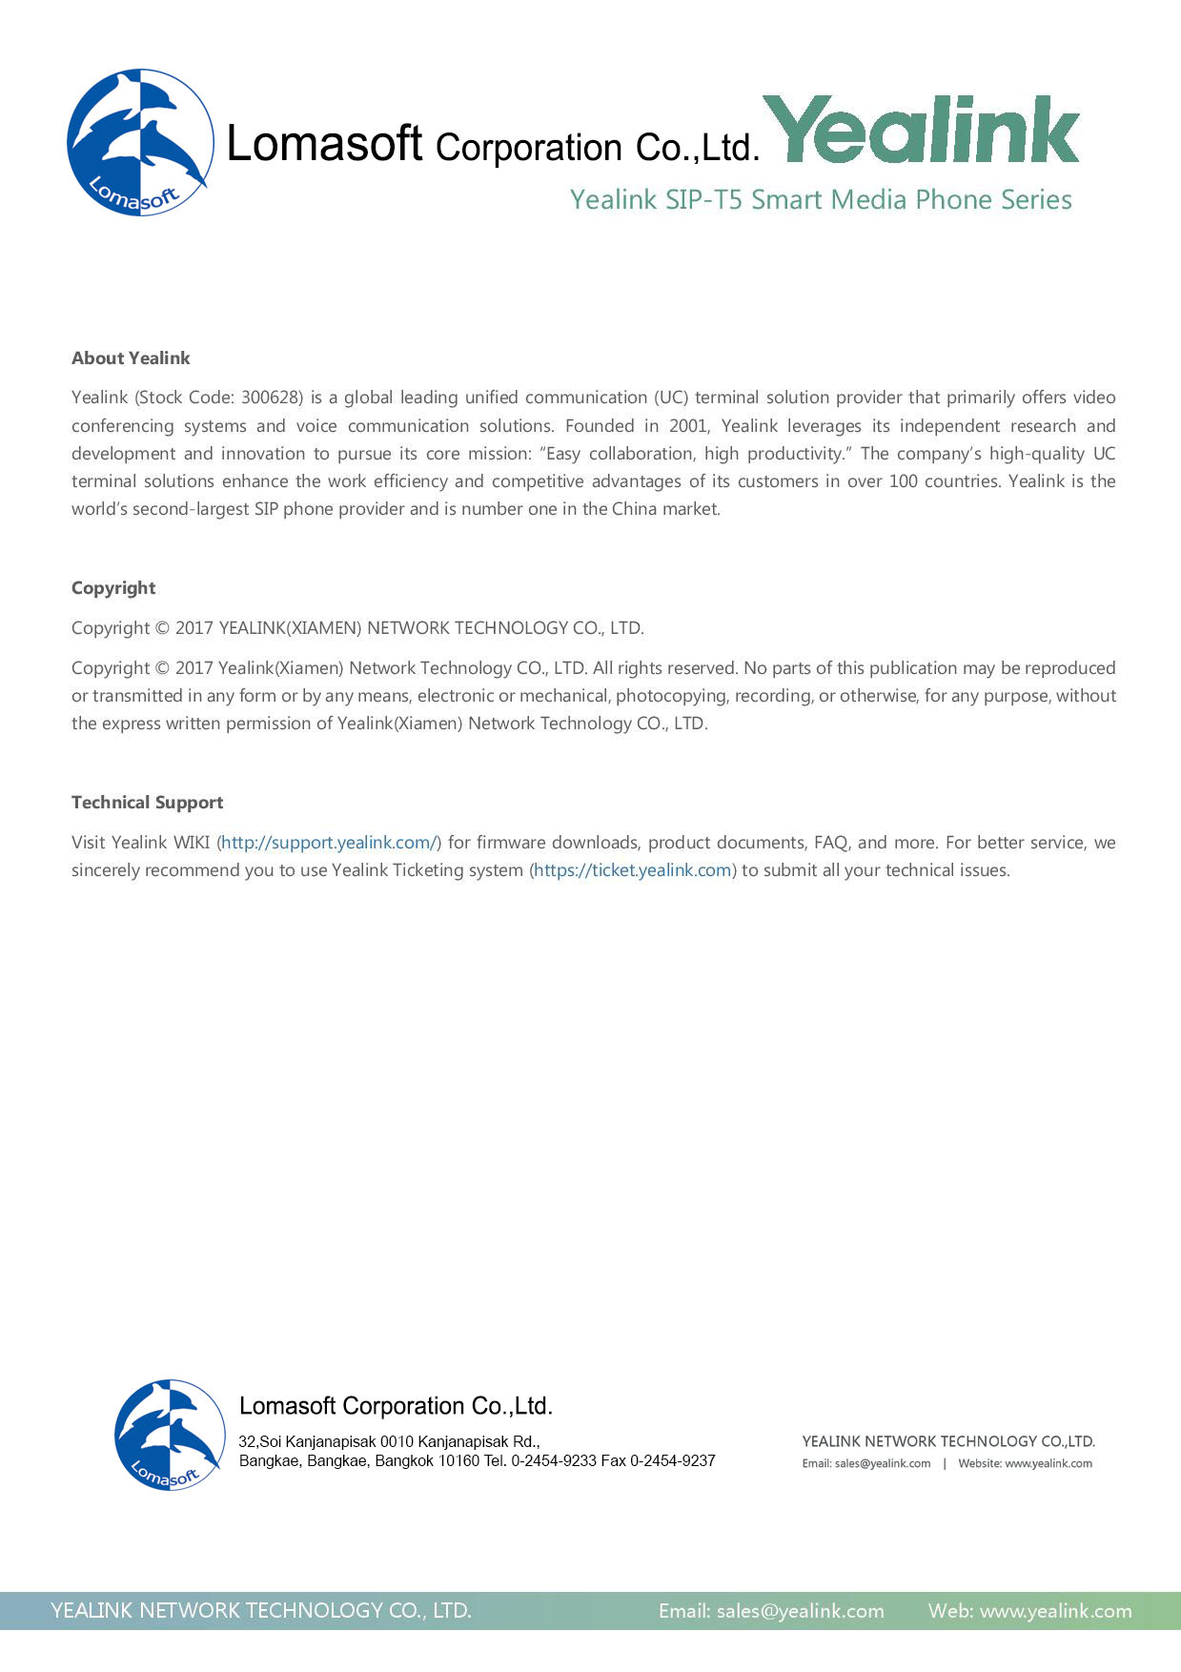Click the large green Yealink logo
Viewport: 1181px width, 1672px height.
[x=921, y=131]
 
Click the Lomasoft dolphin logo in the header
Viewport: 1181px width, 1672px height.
[x=140, y=142]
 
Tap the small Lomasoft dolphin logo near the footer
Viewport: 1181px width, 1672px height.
[x=169, y=1434]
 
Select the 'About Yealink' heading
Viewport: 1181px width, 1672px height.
[x=131, y=358]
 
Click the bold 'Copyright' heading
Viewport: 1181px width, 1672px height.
[x=113, y=588]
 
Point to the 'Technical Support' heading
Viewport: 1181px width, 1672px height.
[x=147, y=803]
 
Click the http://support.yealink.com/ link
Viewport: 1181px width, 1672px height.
[x=329, y=843]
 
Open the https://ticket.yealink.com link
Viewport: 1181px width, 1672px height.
[x=633, y=870]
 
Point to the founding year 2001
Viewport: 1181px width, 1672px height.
[x=687, y=426]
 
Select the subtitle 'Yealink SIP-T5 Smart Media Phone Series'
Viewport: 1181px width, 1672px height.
[x=821, y=200]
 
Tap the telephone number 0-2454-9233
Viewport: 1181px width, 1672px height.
[x=554, y=1461]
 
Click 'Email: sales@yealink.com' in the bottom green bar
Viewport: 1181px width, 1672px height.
[x=771, y=1611]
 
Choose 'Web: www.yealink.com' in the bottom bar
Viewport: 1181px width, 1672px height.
[x=1029, y=1611]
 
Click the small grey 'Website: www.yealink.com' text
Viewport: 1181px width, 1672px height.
[x=1025, y=1464]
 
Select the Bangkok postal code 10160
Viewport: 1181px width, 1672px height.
[x=458, y=1461]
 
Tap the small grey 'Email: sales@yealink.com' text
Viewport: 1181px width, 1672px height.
[x=865, y=1464]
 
